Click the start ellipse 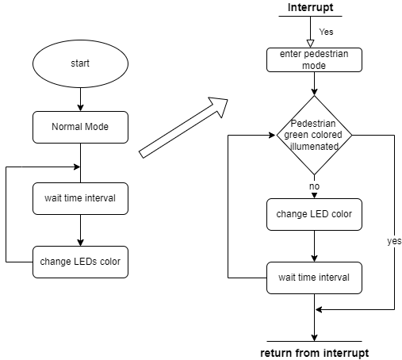point(80,63)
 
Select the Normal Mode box point(80,127)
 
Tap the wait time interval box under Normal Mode point(80,198)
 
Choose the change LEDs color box point(80,262)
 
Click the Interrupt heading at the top point(310,8)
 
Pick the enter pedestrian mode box point(314,59)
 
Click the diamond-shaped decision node point(314,135)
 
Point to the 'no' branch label point(314,186)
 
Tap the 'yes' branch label point(393,241)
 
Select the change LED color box point(314,214)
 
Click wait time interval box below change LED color point(314,278)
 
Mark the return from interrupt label point(314,352)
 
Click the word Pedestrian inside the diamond point(314,124)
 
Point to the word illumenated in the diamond point(314,146)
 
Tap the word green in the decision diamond point(297,135)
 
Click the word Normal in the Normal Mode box point(67,127)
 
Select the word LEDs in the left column point(86,262)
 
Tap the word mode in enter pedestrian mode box point(314,65)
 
